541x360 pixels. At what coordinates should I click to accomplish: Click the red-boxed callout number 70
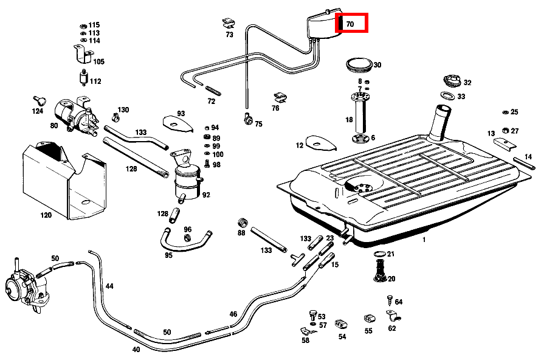pyautogui.click(x=351, y=24)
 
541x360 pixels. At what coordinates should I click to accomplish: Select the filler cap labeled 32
pyautogui.click(x=452, y=81)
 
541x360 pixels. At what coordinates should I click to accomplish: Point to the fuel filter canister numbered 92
pyautogui.click(x=186, y=181)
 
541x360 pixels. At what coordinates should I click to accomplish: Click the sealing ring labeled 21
pyautogui.click(x=377, y=254)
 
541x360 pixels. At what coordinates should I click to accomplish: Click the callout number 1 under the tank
pyautogui.click(x=424, y=240)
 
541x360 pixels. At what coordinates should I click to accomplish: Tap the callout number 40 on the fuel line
pyautogui.click(x=136, y=350)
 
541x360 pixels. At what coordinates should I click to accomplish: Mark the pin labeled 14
pyautogui.click(x=524, y=162)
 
